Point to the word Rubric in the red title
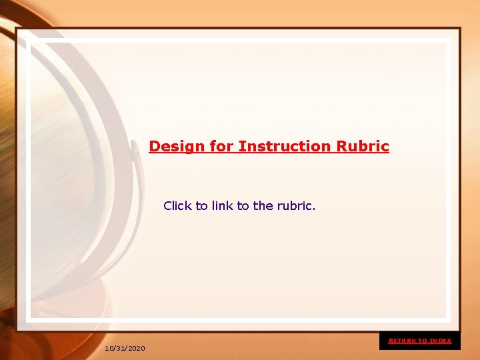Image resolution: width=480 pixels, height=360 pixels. pyautogui.click(x=363, y=146)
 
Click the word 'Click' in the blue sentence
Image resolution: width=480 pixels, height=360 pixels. pyautogui.click(x=177, y=206)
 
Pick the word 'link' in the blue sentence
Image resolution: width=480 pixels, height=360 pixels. pyautogui.click(x=222, y=206)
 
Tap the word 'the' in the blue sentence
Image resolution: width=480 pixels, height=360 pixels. pyautogui.click(x=263, y=206)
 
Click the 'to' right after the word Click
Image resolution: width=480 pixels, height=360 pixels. pyautogui.click(x=202, y=206)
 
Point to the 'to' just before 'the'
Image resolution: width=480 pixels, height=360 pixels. pyautogui.click(x=243, y=206)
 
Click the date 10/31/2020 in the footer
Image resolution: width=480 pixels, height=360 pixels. pyautogui.click(x=125, y=349)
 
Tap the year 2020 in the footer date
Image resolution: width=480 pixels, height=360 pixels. pyautogui.click(x=136, y=349)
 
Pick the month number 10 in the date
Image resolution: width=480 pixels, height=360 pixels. pyautogui.click(x=109, y=349)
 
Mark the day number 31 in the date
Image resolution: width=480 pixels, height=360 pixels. pyautogui.click(x=120, y=349)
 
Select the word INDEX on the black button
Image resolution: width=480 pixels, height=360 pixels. pyautogui.click(x=441, y=341)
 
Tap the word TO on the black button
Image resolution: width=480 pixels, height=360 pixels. pyautogui.click(x=423, y=341)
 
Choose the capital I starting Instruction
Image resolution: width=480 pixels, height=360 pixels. pyautogui.click(x=241, y=146)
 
